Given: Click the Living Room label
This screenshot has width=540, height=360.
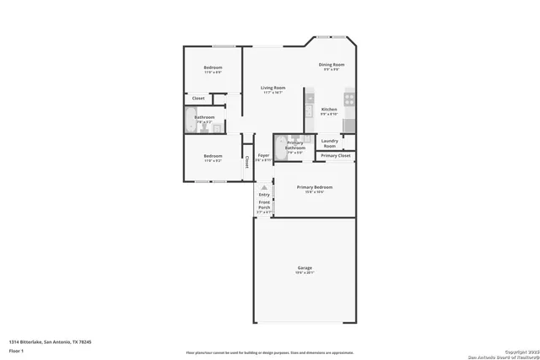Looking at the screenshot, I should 273,89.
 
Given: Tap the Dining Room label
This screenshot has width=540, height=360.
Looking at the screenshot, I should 332,66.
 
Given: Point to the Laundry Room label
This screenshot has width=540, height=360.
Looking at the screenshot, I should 329,143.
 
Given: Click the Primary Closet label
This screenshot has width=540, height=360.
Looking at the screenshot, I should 335,156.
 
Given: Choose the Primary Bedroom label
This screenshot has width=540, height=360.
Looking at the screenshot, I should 314,188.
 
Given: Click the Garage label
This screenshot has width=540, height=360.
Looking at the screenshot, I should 305,270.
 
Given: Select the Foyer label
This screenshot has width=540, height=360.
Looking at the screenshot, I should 263,157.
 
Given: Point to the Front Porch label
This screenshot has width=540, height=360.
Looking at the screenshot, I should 264,207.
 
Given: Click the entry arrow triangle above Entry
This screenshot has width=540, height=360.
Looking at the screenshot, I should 264,187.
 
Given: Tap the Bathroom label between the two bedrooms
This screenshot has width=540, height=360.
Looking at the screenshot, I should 205,119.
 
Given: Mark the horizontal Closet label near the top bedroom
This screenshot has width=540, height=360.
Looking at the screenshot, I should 198,99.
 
